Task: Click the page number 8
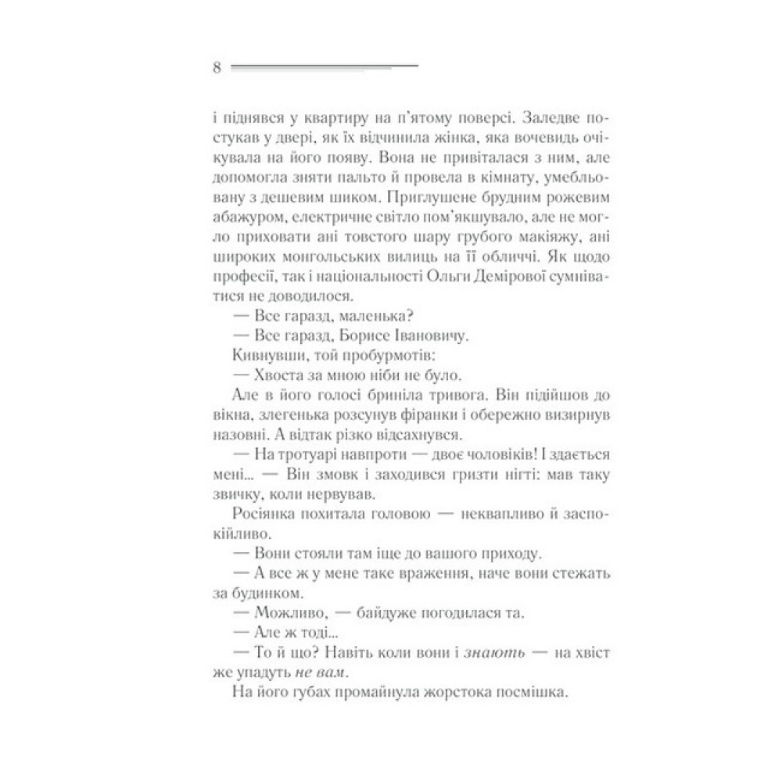(x=217, y=68)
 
